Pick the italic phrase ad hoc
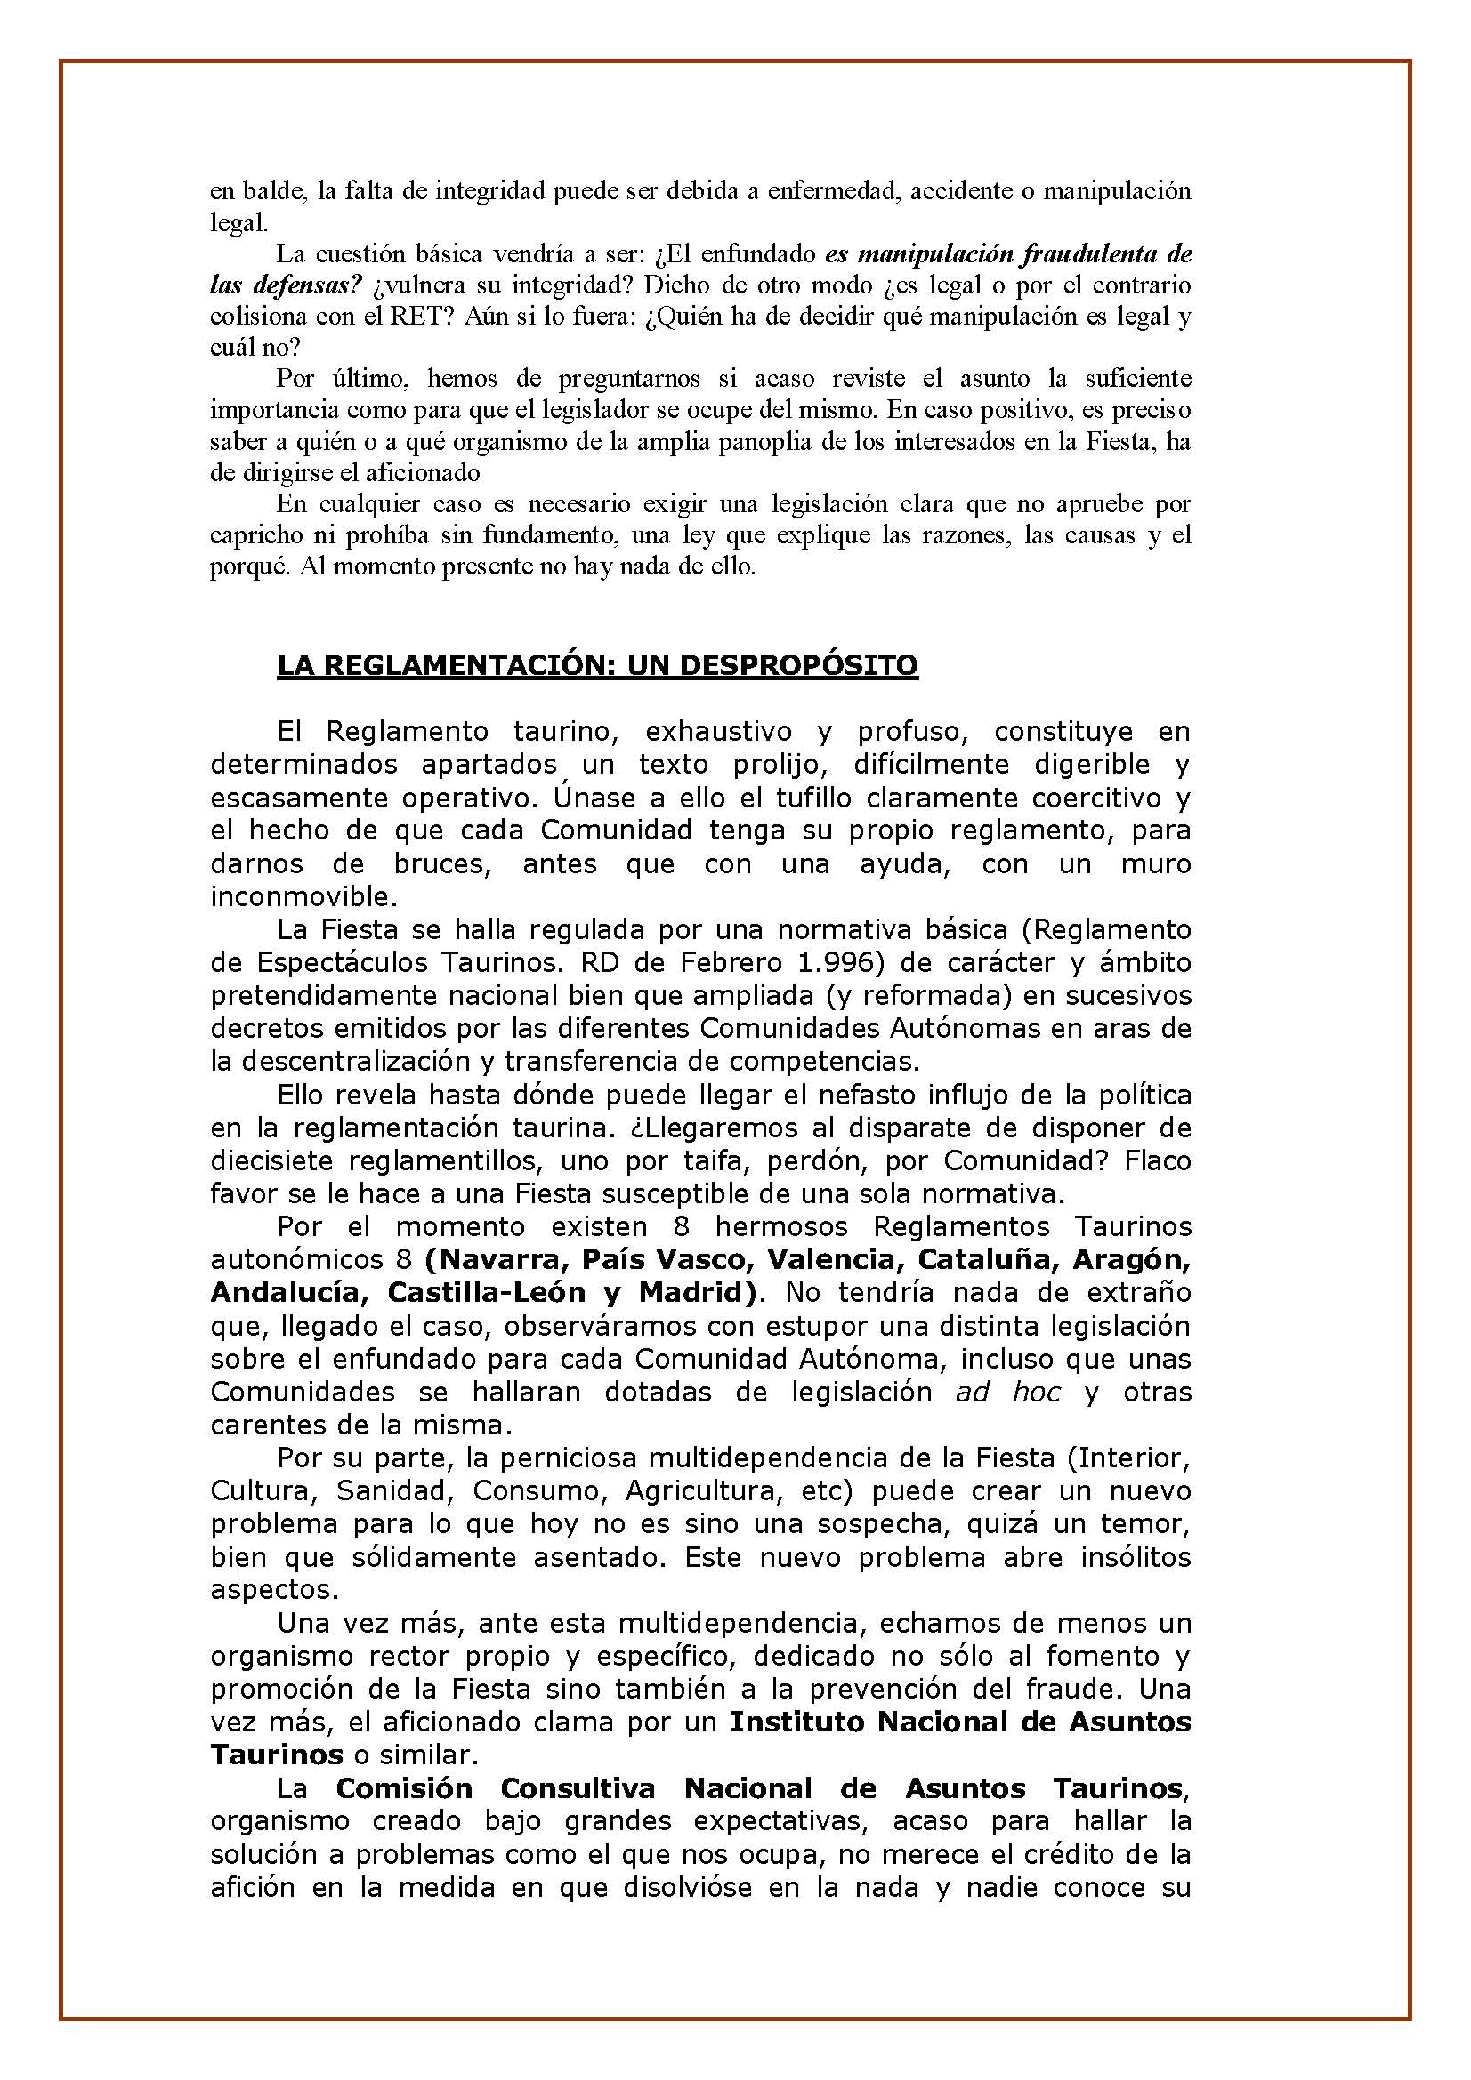(1008, 1392)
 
